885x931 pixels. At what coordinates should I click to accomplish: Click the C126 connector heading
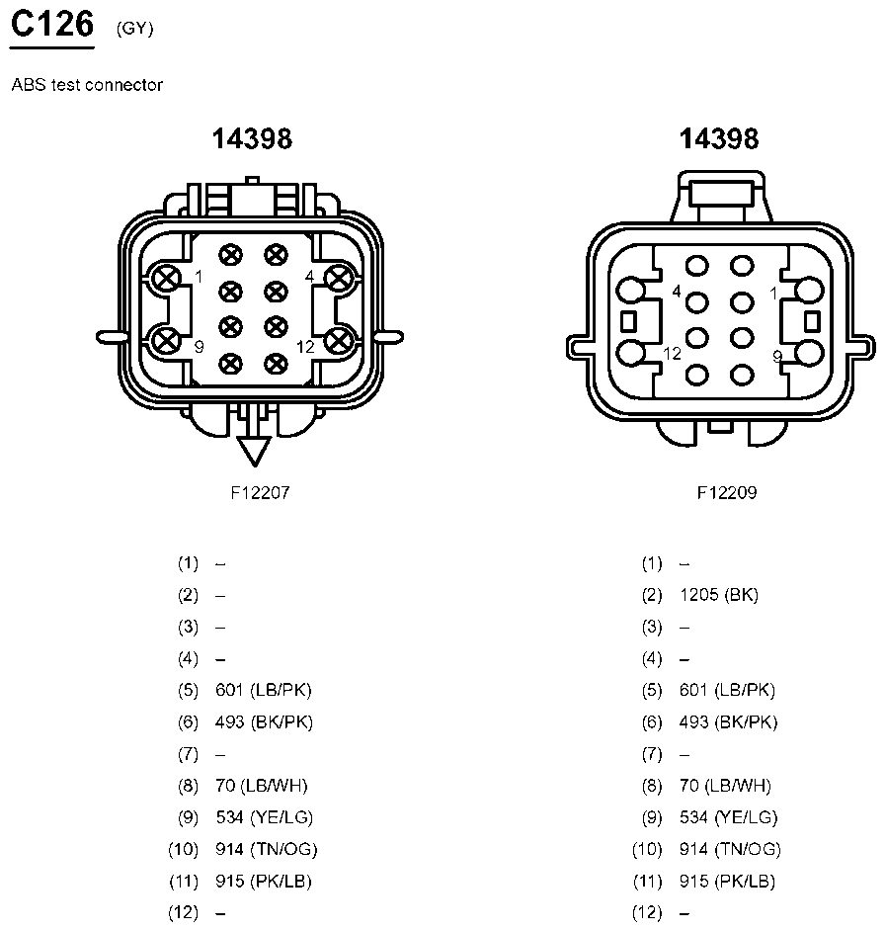(52, 25)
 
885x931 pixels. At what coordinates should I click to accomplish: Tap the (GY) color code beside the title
(134, 29)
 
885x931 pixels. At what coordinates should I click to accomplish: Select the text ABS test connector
(87, 85)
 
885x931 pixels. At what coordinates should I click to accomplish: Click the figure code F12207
(260, 492)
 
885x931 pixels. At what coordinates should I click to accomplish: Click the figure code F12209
(727, 492)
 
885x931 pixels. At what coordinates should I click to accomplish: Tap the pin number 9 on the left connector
(199, 347)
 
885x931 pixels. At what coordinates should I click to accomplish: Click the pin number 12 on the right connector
(672, 354)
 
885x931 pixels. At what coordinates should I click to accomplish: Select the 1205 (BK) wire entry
(719, 595)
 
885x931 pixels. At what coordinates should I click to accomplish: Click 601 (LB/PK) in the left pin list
(264, 690)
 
